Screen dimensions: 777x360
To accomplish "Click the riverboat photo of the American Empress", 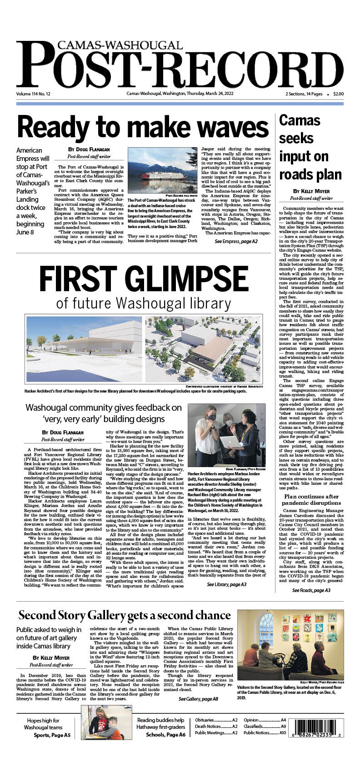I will (162, 171).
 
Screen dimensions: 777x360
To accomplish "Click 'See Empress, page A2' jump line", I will (236, 242).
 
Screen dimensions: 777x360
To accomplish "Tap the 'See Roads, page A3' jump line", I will (311, 590).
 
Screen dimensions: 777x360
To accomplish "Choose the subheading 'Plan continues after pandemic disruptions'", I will (311, 500).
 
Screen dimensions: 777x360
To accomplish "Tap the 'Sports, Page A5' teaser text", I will (52, 735).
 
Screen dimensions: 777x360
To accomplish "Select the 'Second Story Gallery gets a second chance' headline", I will (125, 615).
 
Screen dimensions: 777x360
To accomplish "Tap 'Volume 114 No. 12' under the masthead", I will (33, 94).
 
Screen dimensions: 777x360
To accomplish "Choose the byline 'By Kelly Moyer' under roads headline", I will (311, 191).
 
